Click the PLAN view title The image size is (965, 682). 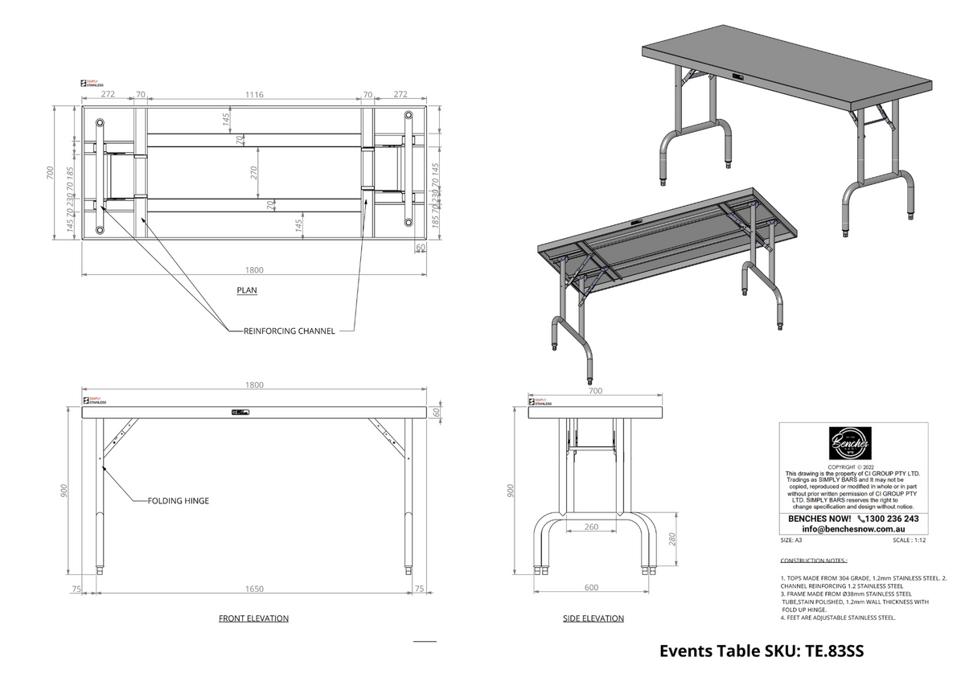click(247, 290)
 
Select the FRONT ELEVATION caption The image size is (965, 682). click(253, 618)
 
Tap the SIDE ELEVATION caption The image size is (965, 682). click(593, 618)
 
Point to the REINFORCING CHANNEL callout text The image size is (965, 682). click(289, 331)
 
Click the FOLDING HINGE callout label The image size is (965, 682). click(178, 500)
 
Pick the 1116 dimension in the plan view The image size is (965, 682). click(254, 94)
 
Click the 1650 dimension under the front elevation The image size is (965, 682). click(253, 589)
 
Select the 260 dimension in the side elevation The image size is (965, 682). click(591, 528)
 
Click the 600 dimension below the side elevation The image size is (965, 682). click(591, 588)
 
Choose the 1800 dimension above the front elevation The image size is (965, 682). click(253, 385)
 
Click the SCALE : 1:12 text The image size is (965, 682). click(910, 540)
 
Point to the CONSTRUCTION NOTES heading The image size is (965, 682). click(814, 560)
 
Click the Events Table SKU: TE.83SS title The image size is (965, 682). click(762, 651)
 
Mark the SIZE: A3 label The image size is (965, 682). click(792, 540)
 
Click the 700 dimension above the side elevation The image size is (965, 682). click(595, 391)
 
